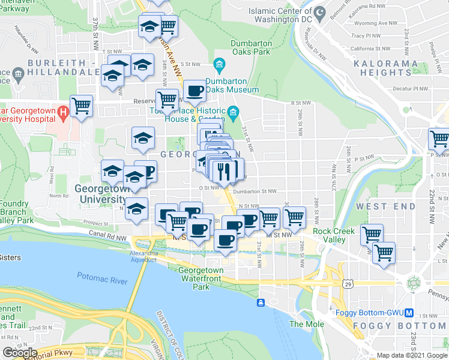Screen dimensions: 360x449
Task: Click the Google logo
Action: pyautogui.click(x=19, y=353)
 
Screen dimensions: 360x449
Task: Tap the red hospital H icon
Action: pyautogui.click(x=62, y=112)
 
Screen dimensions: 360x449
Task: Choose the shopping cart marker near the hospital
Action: pyautogui.click(x=81, y=106)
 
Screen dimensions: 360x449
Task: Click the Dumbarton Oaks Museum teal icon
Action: pyautogui.click(x=218, y=64)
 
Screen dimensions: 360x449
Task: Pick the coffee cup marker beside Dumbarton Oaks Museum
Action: pyautogui.click(x=194, y=91)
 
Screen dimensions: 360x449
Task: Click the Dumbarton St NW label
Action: pyautogui.click(x=255, y=191)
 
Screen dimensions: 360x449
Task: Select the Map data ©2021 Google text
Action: pyautogui.click(x=412, y=355)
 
